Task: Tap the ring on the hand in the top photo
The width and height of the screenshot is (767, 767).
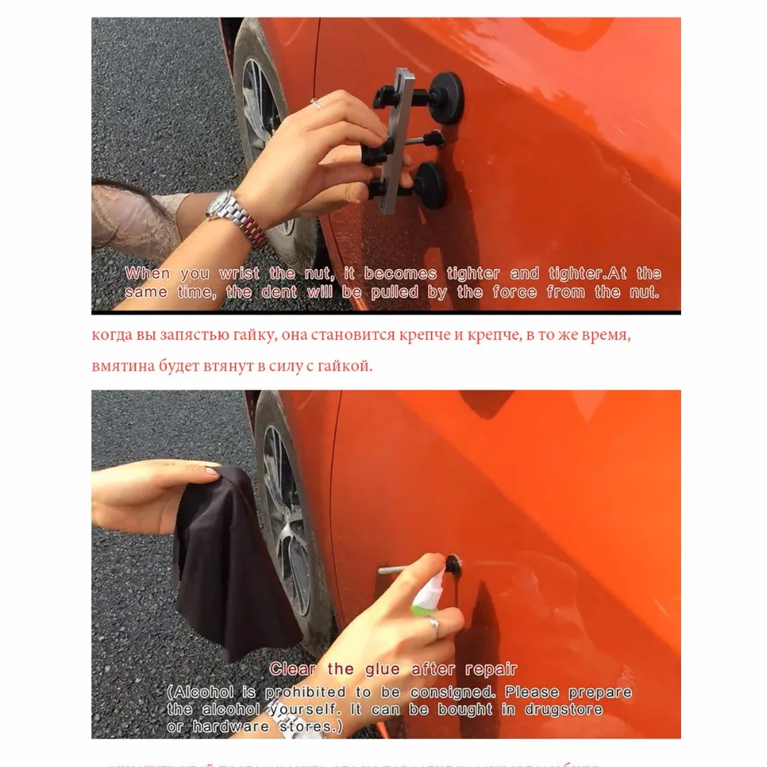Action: [315, 104]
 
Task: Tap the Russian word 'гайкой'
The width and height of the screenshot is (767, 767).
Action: [350, 366]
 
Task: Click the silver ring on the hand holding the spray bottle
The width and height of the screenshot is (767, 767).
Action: [433, 625]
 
